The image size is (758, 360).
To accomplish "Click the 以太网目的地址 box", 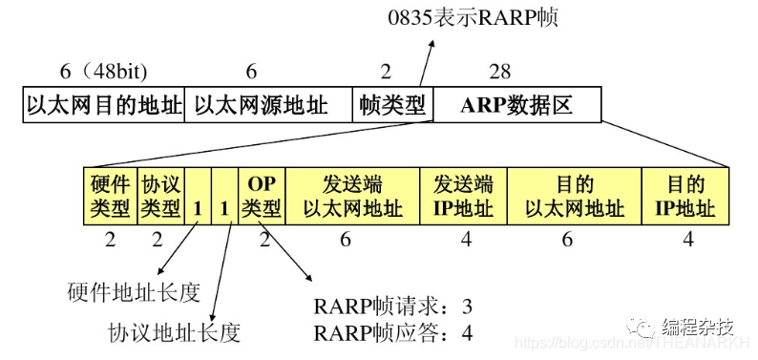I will (x=103, y=105).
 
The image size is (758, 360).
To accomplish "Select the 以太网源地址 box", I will (x=267, y=105).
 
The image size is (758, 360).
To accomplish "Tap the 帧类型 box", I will (x=392, y=105).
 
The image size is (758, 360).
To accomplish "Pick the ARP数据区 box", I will (x=516, y=105).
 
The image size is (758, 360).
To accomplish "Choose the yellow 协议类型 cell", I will (x=159, y=195).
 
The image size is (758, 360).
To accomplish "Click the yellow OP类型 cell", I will (x=261, y=195).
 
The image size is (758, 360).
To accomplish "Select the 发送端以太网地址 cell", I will (x=352, y=195).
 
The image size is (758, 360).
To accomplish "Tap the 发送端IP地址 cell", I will (x=463, y=195).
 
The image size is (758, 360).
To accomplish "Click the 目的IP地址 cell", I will (x=684, y=195).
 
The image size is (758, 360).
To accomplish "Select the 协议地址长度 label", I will (x=174, y=332).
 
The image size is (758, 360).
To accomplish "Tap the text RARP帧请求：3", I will (x=392, y=307).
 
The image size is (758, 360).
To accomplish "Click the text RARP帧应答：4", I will (x=392, y=333).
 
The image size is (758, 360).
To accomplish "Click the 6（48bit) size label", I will (x=103, y=72).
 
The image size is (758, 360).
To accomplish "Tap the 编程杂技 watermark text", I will (x=705, y=327).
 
